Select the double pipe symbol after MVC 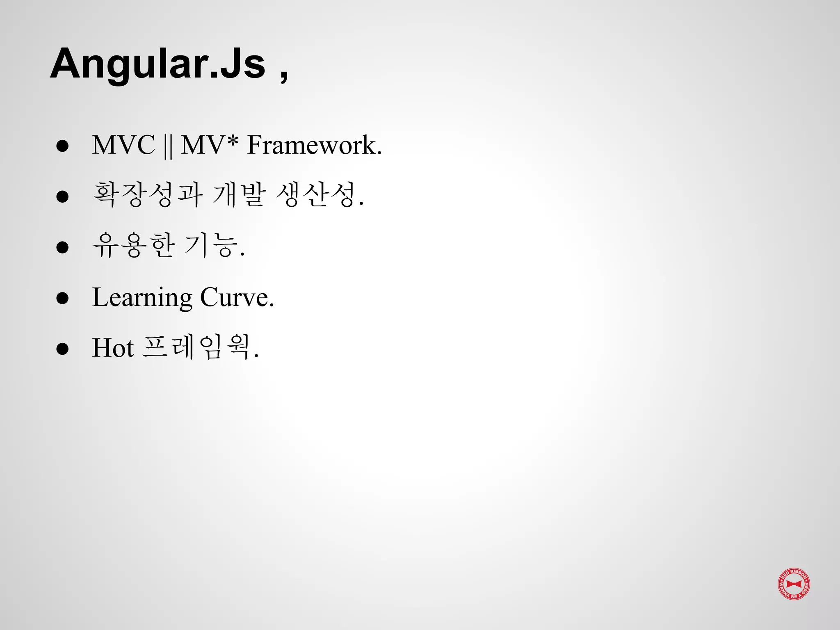pos(167,146)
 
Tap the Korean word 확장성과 pos(148,195)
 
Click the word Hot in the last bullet pos(113,348)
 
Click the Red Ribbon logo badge pos(794,584)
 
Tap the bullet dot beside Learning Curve pos(62,298)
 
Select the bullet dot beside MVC pos(62,146)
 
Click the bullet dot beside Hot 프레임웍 pos(62,349)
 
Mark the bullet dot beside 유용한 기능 pos(62,247)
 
